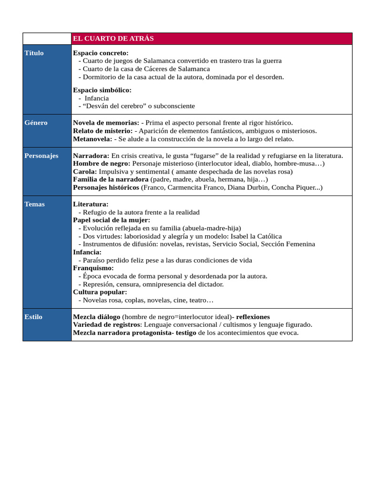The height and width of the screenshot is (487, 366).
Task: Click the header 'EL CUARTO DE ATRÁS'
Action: pos(113,39)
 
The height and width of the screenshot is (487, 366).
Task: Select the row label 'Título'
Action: pos(34,53)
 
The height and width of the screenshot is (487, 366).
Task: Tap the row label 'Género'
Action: pos(36,123)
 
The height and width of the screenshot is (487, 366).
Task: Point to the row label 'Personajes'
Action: pos(41,156)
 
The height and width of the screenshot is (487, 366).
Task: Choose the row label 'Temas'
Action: pos(34,204)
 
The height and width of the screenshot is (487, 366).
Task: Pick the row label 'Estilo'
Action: pos(33,317)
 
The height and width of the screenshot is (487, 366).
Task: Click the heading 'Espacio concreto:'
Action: pos(101,53)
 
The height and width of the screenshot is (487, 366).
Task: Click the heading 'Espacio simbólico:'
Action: pos(102,90)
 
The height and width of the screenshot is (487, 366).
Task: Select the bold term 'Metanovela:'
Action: pos(92,139)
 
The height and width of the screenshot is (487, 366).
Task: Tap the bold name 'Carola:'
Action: pos(85,171)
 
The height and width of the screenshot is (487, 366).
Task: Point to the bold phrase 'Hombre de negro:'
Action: pos(102,163)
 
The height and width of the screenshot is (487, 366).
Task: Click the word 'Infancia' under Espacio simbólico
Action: pos(97,98)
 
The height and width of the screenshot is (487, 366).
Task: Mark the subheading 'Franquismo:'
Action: pos(93,268)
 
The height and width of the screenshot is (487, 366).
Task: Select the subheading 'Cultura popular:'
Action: pos(100,292)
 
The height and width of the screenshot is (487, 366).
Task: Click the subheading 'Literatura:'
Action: pos(91,204)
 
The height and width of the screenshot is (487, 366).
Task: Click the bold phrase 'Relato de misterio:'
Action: pos(102,131)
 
